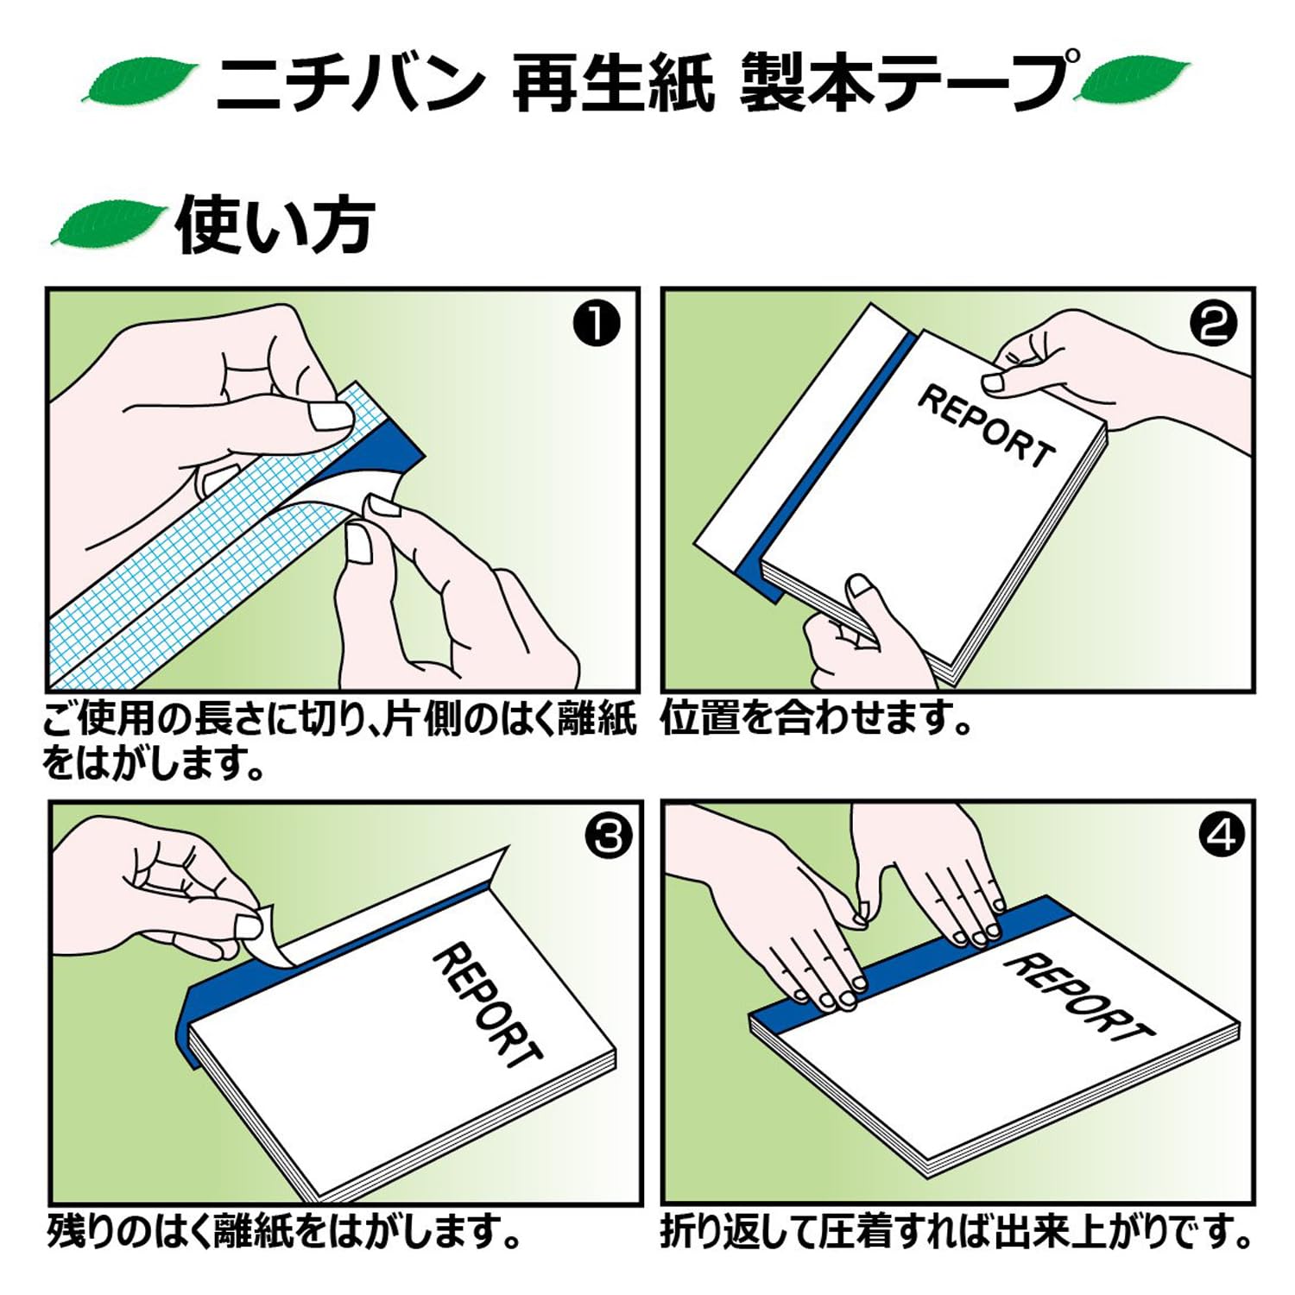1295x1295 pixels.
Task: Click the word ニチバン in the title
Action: [x=348, y=84]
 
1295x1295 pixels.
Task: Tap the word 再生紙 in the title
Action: [x=613, y=84]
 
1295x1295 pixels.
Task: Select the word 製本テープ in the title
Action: [x=906, y=84]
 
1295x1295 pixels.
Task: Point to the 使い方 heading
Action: [x=275, y=226]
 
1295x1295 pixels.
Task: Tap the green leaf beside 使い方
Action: [x=107, y=225]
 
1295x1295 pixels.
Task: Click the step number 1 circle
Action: [x=597, y=325]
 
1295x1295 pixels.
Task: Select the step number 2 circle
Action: [x=1212, y=325]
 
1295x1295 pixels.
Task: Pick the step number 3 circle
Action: [x=609, y=836]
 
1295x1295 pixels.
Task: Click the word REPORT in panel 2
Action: [x=986, y=426]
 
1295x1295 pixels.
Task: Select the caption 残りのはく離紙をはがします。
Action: [x=285, y=1231]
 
